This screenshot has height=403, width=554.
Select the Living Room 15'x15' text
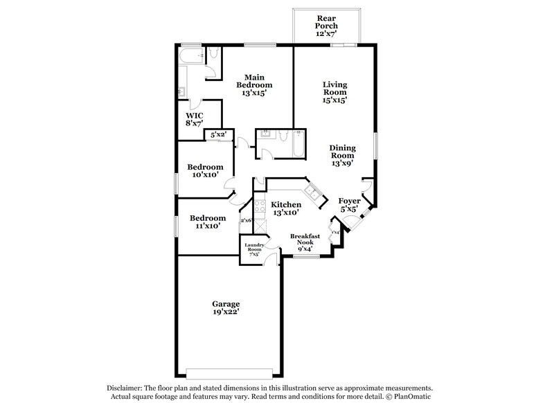pos(334,92)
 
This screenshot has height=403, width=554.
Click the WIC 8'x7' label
pos(194,118)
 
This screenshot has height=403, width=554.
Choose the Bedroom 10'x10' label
pos(205,171)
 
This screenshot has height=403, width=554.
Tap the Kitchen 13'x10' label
pos(286,209)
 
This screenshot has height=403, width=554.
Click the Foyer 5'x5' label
pos(348,206)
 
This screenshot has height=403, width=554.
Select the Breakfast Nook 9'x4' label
pos(305,242)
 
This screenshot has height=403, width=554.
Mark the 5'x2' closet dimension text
pos(219,136)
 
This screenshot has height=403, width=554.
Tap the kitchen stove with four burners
pos(260,206)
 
